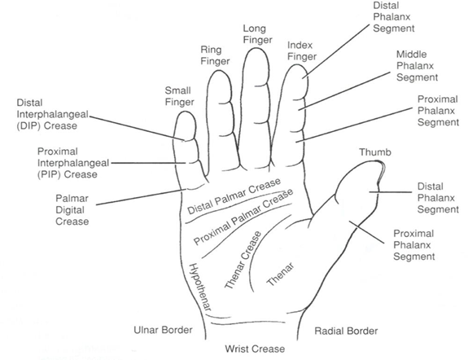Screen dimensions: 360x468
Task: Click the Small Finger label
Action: (178, 97)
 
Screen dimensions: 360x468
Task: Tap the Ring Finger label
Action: (215, 55)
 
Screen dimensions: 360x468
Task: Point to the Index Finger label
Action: (302, 50)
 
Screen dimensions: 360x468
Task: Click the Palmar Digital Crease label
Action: (72, 209)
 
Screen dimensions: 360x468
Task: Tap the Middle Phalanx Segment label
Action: (417, 65)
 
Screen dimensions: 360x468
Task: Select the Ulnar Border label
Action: (162, 331)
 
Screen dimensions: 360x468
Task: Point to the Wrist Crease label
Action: (255, 349)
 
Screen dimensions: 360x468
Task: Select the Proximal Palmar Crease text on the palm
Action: (243, 218)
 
